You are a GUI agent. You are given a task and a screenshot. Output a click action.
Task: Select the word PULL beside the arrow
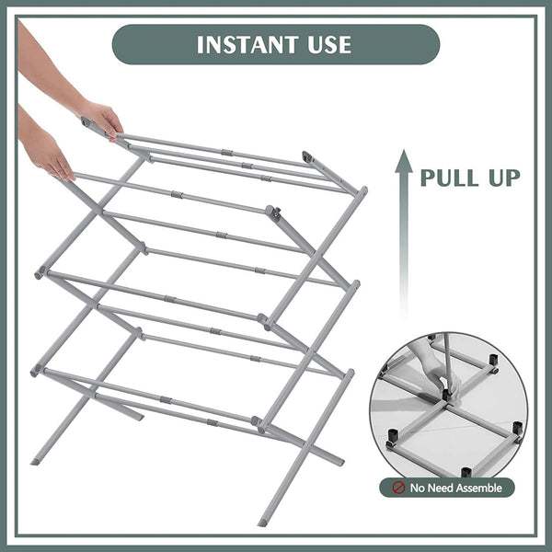(x=452, y=176)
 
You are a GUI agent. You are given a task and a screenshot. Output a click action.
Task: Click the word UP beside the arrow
(x=505, y=176)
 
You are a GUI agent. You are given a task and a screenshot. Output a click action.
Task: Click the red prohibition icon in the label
(x=399, y=488)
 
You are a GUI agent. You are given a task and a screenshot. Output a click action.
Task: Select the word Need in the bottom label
(x=440, y=488)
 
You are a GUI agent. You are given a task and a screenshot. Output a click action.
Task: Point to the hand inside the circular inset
(x=440, y=376)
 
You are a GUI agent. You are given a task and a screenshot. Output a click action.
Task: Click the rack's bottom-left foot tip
(x=36, y=459)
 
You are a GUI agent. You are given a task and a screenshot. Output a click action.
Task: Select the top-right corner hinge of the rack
(x=308, y=157)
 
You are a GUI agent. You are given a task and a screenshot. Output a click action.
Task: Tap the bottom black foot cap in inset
(x=466, y=472)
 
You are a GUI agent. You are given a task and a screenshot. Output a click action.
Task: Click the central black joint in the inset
(x=448, y=396)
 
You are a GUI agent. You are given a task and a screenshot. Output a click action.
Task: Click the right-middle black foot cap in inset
(x=517, y=428)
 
